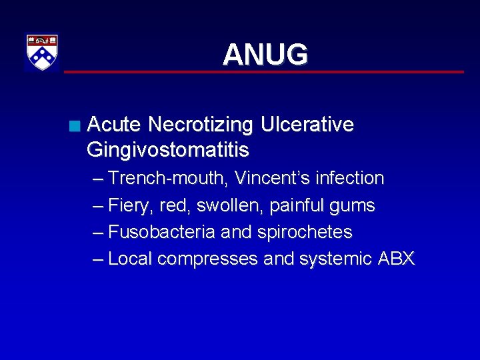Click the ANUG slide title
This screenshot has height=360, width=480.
point(265,55)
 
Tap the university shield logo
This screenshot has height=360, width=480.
point(42,52)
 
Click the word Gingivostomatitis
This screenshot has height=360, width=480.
point(167,150)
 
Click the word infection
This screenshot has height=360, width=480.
point(349,179)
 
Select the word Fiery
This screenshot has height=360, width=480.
point(131,206)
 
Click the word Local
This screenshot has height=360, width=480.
point(131,259)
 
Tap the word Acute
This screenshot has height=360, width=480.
point(114,125)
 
